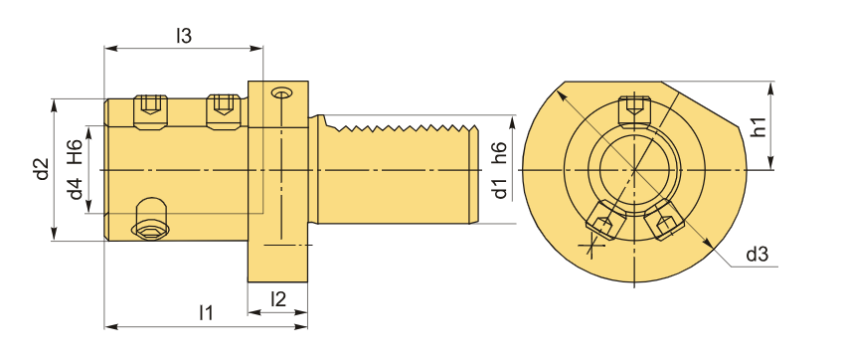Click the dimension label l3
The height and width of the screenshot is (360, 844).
(184, 36)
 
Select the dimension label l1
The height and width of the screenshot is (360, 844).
(206, 312)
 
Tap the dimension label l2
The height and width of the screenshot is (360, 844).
(277, 299)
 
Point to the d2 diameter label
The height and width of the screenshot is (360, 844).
(43, 169)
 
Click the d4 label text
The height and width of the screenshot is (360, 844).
(77, 189)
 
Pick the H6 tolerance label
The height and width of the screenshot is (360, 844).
(76, 151)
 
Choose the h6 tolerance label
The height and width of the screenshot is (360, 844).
(500, 153)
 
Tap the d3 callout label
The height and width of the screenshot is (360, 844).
(756, 255)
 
